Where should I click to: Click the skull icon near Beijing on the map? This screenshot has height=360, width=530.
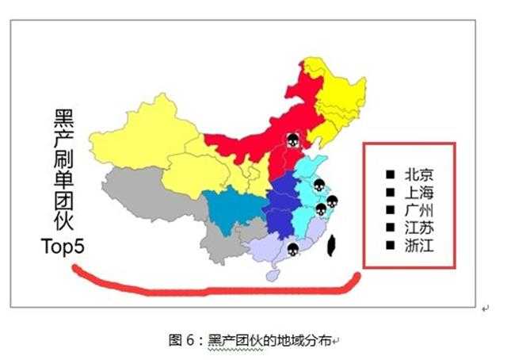[292, 141]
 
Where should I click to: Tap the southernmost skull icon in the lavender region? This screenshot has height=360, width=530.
[292, 250]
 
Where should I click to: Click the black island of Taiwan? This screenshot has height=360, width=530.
[333, 244]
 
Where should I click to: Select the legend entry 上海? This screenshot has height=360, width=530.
[418, 193]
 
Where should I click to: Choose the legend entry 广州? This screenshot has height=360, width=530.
[418, 210]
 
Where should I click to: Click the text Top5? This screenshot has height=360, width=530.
[62, 247]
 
